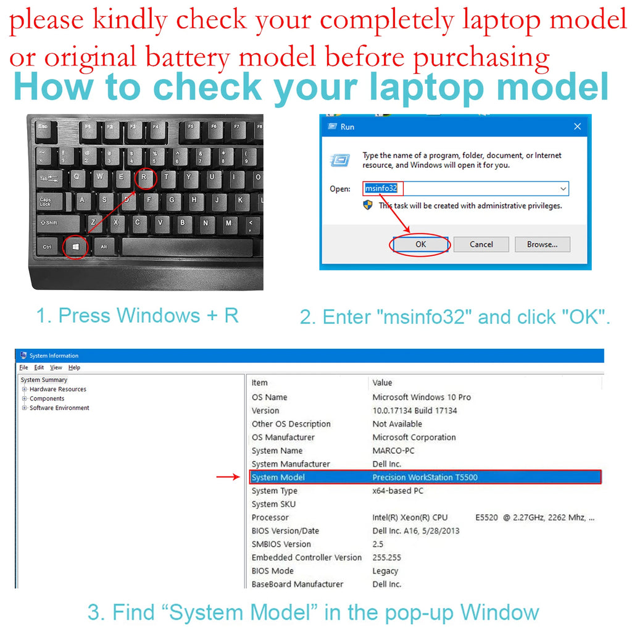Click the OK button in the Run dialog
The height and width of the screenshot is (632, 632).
coord(420,244)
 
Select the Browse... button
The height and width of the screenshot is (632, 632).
coord(542,244)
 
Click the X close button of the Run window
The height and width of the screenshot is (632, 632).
coord(577,127)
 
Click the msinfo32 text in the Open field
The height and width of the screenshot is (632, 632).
coord(381,188)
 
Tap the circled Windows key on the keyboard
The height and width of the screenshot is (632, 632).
coord(75,247)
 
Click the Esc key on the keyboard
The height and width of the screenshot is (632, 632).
coord(44,131)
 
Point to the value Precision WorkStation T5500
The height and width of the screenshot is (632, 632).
coord(425,477)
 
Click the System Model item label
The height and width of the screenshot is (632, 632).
coord(278,477)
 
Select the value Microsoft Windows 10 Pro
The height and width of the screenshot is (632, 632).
coord(422,397)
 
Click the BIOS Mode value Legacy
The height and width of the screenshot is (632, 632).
coord(385,571)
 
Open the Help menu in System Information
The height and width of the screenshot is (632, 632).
coord(74,368)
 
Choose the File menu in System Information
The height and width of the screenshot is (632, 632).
coord(24,368)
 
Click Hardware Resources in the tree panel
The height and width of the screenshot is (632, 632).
coord(57,389)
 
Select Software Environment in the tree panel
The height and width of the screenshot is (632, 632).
coord(59,408)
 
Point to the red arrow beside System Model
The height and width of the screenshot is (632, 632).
coord(228,477)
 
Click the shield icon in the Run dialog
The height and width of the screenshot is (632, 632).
coord(368,205)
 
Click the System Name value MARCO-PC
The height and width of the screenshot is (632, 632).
coord(393,451)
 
